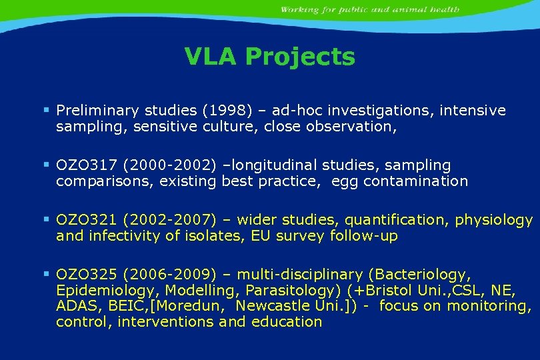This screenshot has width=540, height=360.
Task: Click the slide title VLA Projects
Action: (269, 57)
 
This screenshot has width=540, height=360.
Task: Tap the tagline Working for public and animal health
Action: (369, 10)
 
